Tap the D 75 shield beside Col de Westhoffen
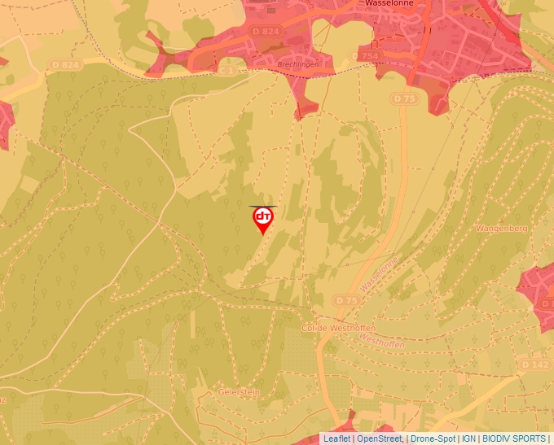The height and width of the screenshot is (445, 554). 346,300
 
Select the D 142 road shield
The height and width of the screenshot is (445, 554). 534,364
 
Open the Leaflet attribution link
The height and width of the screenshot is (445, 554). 336,438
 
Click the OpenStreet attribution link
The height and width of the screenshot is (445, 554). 379,438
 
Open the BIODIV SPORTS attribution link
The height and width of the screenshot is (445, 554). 513,438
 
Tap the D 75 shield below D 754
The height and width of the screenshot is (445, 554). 403,98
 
